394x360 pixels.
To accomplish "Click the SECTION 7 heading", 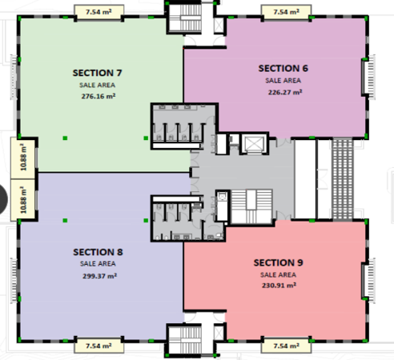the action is click(98, 73).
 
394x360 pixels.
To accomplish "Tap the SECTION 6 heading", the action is click(283, 68).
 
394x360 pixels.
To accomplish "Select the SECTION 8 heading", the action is click(98, 252).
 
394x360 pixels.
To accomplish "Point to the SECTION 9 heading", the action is click(279, 262).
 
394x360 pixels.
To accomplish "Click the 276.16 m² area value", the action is click(98, 96).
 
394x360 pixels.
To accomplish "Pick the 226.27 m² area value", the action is click(285, 92).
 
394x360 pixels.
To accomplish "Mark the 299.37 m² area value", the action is click(99, 276).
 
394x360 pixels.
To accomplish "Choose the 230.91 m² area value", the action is click(279, 286).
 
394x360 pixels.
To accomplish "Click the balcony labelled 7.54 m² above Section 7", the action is click(98, 12).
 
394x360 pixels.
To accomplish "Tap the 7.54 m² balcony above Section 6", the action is click(287, 12).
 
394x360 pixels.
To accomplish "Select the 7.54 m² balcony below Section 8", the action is click(98, 346).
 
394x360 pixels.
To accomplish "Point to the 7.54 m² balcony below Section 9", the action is click(287, 346).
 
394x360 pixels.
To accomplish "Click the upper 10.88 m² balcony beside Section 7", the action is click(23, 158).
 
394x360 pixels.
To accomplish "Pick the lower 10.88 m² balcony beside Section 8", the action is click(23, 200).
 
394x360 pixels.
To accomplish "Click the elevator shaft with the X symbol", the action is click(254, 144).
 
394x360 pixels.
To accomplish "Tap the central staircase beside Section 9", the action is click(251, 206).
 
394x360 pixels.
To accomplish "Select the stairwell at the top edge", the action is click(185, 18).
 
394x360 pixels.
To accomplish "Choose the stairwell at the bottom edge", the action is click(185, 340).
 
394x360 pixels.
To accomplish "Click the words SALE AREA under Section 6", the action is click(283, 80).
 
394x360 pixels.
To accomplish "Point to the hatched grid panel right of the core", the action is click(343, 178).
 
